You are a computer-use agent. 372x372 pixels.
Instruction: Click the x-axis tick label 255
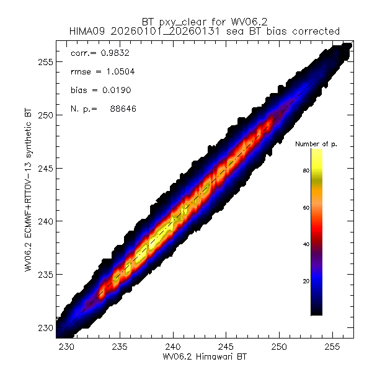pos(332,347)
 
